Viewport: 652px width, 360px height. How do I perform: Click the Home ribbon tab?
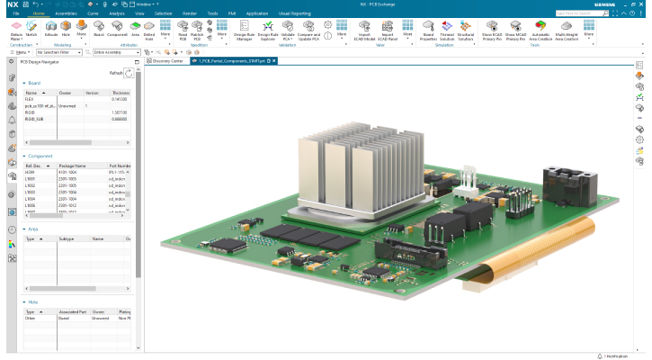tap(39, 14)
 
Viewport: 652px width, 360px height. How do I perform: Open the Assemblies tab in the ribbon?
tap(67, 14)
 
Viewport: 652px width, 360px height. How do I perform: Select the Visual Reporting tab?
tap(294, 14)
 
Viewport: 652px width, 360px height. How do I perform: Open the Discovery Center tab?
tap(167, 61)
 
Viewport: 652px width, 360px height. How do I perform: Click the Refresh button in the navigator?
tap(128, 73)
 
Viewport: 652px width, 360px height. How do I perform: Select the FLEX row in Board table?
tap(31, 99)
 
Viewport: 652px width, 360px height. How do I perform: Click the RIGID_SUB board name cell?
tap(34, 119)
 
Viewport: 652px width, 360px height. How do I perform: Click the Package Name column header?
tap(72, 166)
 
